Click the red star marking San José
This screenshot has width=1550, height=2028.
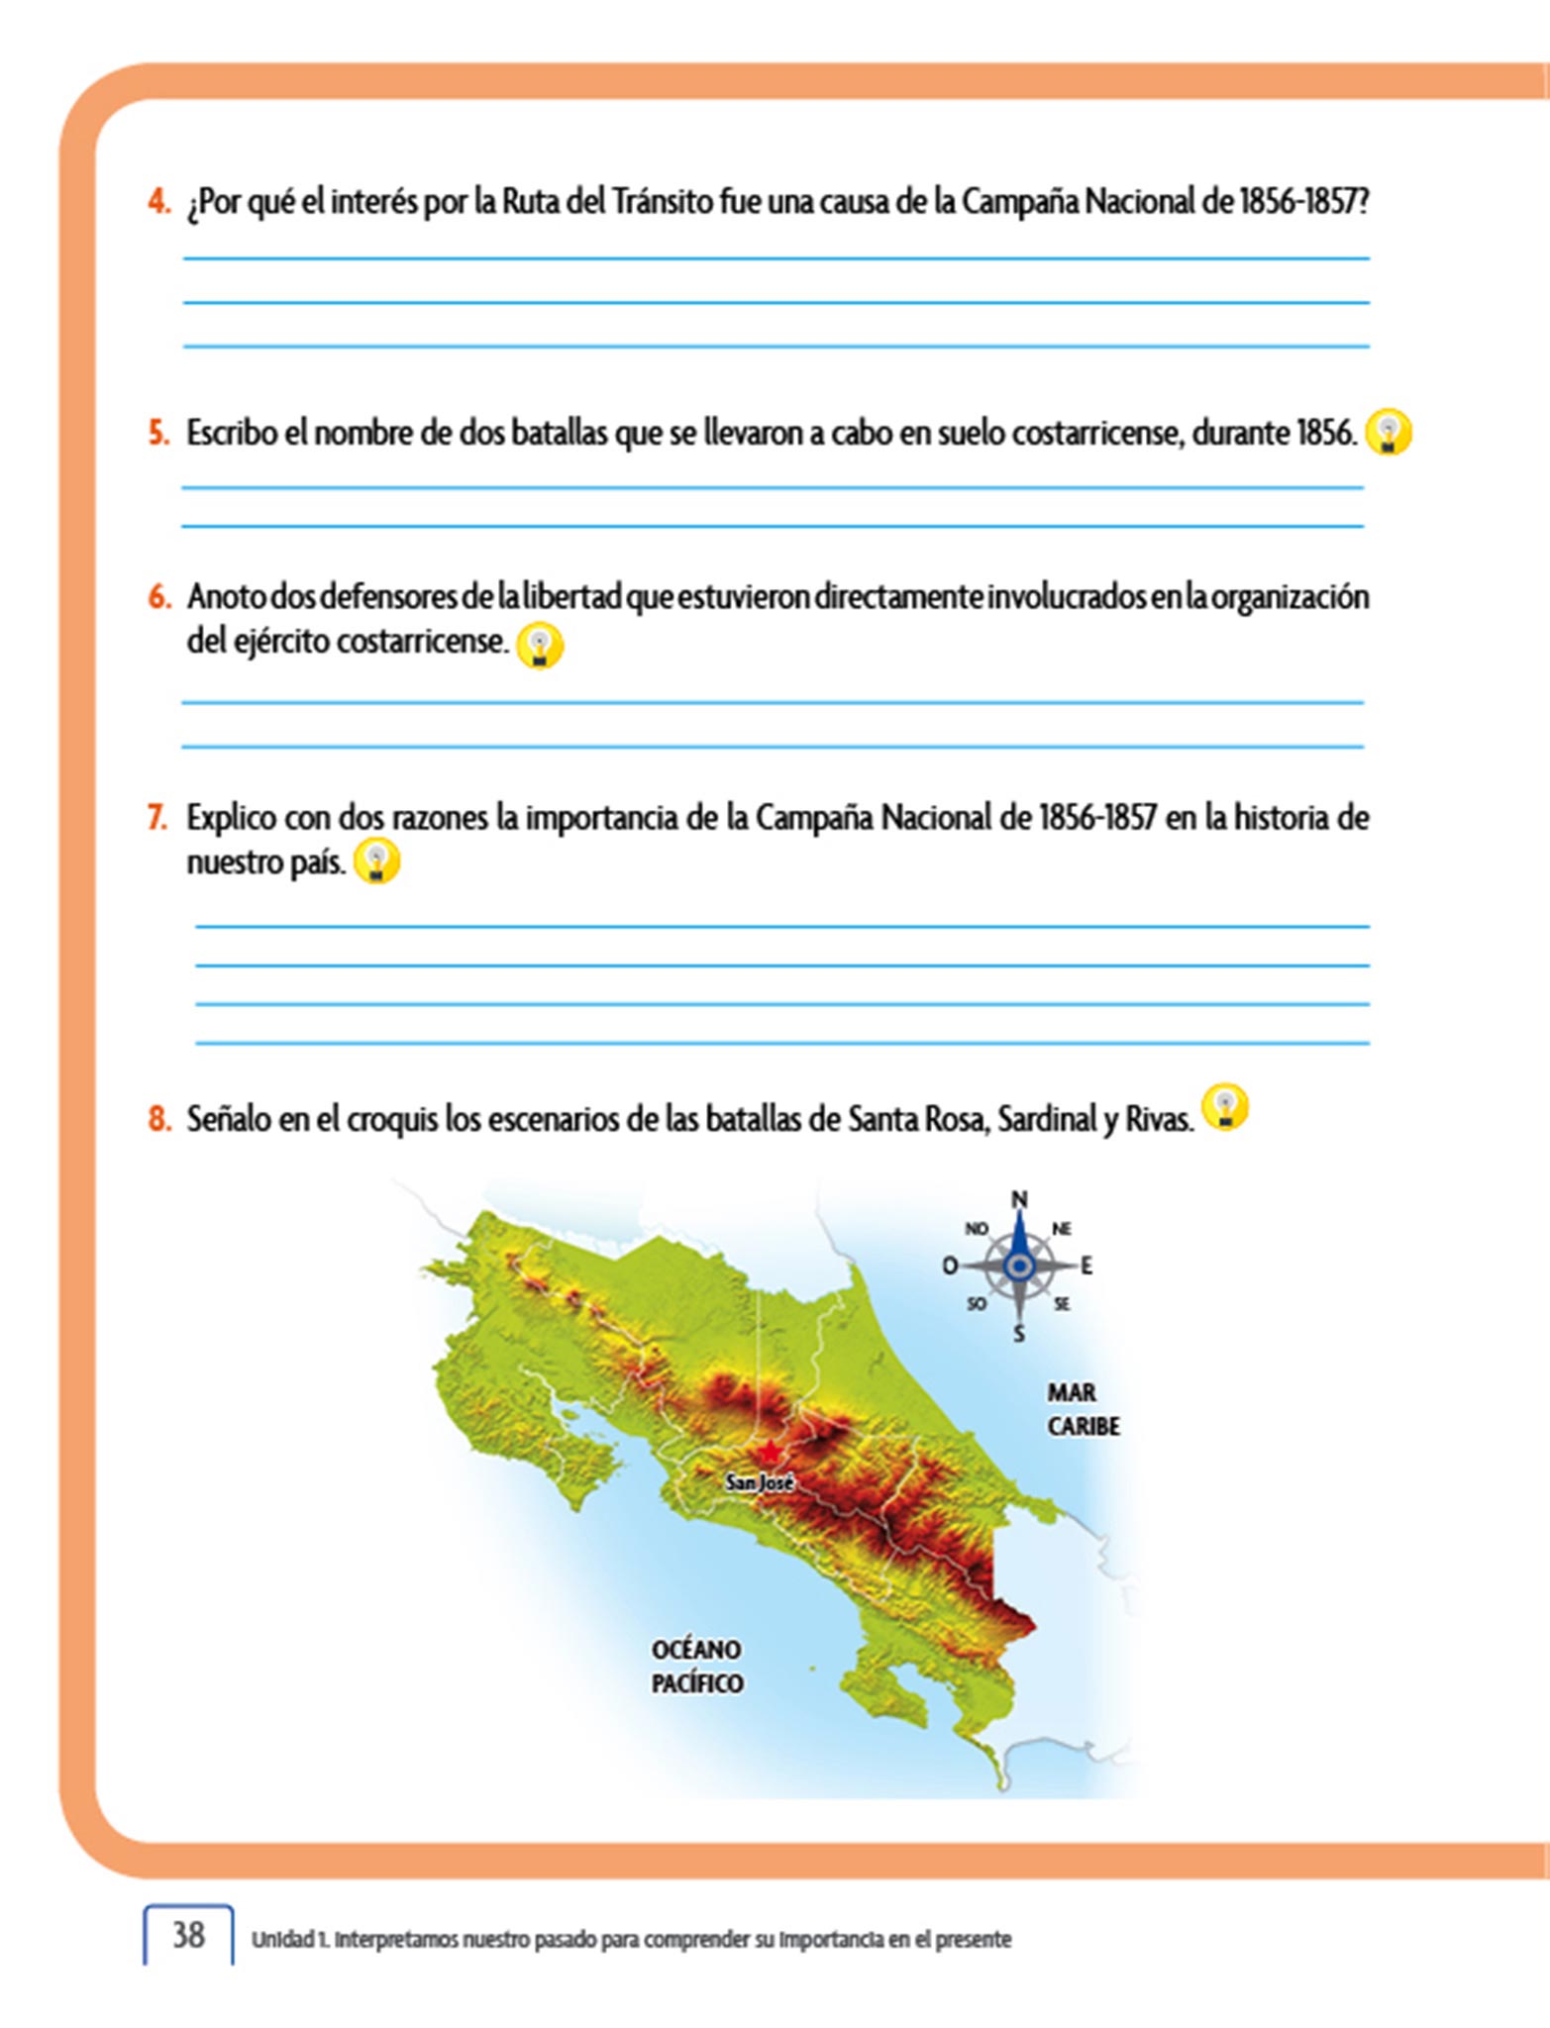[769, 1453]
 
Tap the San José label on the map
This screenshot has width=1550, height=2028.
[760, 1482]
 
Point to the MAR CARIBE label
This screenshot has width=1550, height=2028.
[1082, 1409]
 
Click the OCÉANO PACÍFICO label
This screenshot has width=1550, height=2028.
[696, 1666]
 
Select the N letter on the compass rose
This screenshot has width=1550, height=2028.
[1019, 1199]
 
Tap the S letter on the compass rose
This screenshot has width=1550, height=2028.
[1019, 1334]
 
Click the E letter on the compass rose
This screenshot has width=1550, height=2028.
[1086, 1266]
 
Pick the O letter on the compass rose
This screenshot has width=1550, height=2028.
[949, 1266]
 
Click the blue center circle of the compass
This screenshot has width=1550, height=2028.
[1019, 1266]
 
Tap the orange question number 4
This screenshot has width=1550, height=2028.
[158, 202]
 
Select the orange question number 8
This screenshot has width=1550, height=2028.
[158, 1119]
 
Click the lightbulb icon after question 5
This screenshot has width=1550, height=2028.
[1388, 432]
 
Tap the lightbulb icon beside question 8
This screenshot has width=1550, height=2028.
[1225, 1107]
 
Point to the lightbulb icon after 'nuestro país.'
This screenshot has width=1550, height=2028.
[377, 861]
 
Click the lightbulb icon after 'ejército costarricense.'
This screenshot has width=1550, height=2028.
[540, 645]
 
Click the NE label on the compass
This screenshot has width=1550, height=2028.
[1061, 1229]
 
